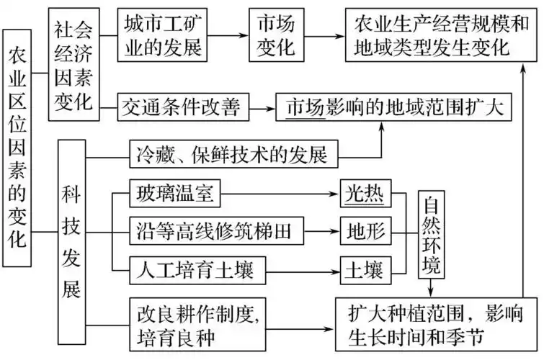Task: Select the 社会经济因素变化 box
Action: (x=73, y=65)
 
